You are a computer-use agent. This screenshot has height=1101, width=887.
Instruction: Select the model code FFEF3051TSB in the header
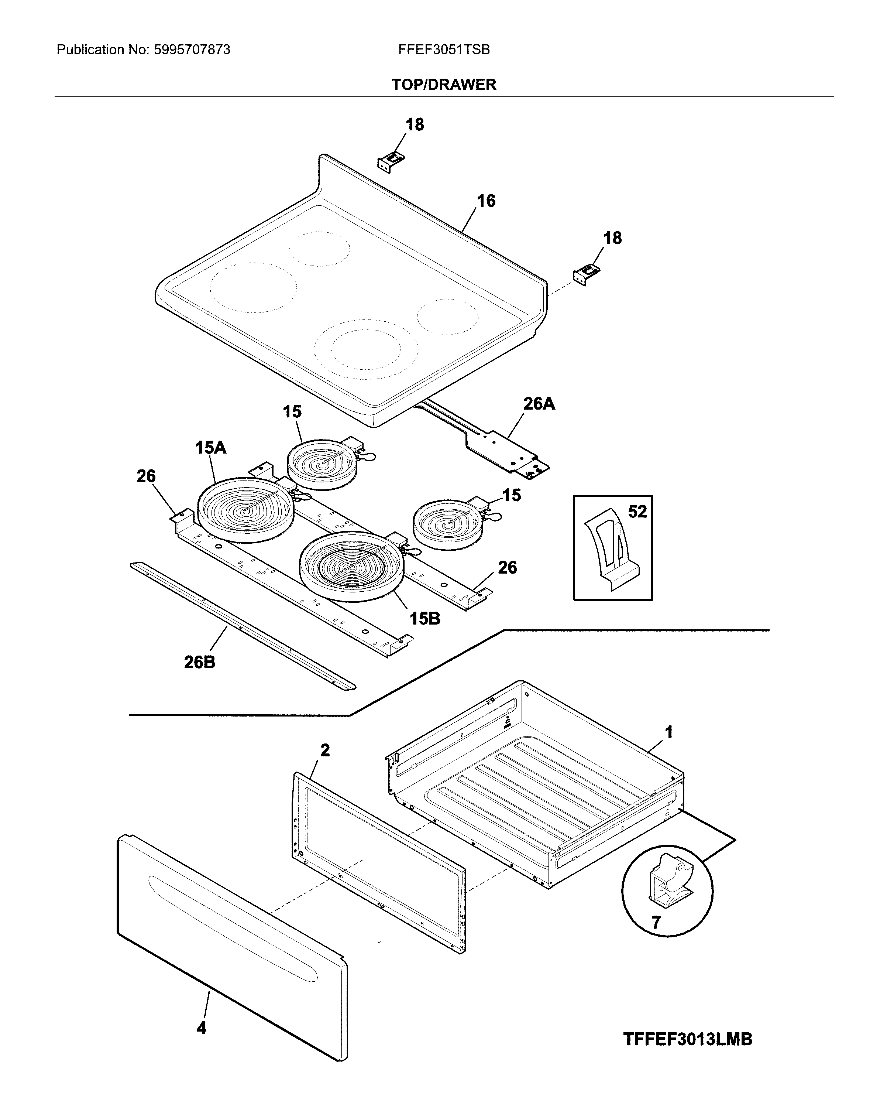pos(444,49)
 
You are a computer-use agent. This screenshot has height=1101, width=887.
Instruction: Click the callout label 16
pos(486,201)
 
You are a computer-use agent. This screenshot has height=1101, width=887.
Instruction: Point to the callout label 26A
pos(539,404)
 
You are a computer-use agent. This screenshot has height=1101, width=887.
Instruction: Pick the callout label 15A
pos(210,448)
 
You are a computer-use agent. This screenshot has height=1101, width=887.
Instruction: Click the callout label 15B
pos(424,619)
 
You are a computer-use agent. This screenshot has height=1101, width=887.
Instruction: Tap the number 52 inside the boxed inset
pos(637,512)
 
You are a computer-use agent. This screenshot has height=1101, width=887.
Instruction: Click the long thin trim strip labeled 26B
pos(243,626)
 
